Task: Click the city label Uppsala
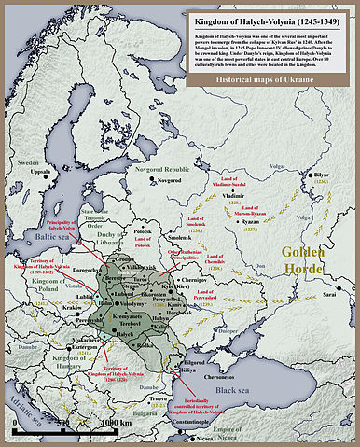pyautogui.click(x=39, y=173)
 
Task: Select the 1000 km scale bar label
pyautogui.click(x=114, y=423)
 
